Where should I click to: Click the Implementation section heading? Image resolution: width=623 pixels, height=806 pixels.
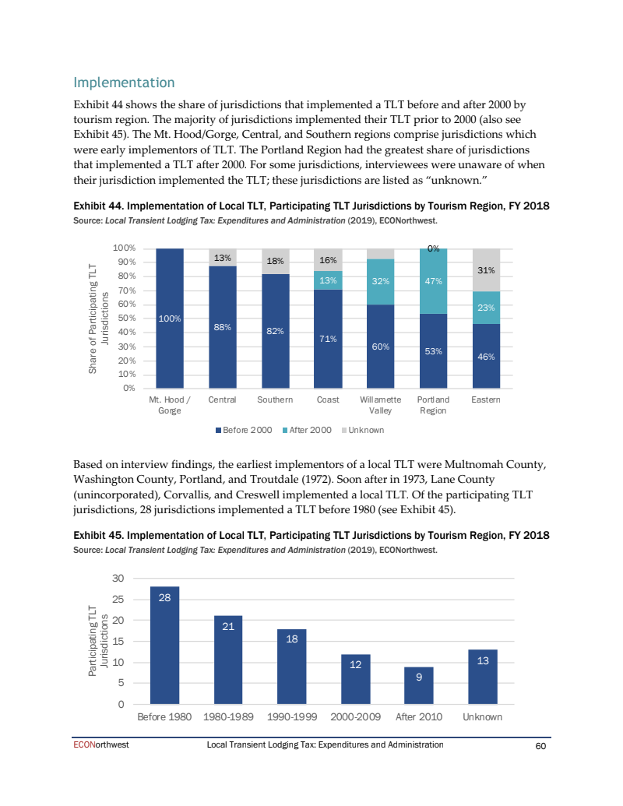[124, 83]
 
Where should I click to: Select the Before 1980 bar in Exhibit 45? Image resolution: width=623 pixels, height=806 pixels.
[164, 646]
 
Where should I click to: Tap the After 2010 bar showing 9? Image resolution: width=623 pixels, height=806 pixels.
[419, 685]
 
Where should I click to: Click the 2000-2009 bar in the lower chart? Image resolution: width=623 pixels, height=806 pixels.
[355, 679]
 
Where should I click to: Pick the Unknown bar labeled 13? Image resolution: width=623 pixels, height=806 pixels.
[483, 677]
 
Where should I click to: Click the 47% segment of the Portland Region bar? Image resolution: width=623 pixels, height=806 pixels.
[433, 281]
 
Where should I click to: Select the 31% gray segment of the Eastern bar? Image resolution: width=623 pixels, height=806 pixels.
[486, 269]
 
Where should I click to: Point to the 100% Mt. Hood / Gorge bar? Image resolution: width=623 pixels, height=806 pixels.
[170, 318]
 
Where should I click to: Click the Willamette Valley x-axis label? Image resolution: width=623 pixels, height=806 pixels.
[380, 405]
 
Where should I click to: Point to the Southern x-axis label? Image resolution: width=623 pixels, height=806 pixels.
[275, 400]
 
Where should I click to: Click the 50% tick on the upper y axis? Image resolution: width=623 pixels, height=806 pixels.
[125, 318]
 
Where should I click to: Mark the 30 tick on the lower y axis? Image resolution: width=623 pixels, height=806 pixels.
[118, 579]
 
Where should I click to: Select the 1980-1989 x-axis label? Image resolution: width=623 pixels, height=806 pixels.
[227, 717]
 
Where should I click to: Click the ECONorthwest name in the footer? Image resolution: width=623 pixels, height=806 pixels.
[101, 745]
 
